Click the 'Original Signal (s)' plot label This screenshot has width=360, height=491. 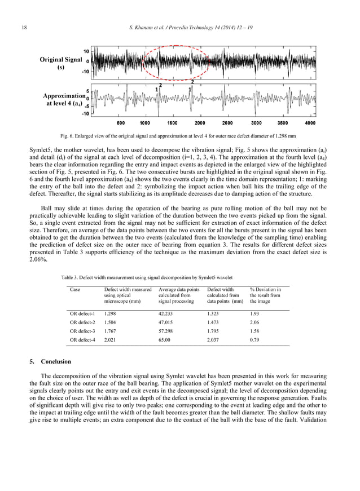coord(62,64)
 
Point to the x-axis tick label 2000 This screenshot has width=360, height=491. coord(200,123)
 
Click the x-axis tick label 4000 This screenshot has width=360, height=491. coord(310,123)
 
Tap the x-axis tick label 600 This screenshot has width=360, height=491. coord(121,123)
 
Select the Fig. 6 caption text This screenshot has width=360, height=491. coord(179,136)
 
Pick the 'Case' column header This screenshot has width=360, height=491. coord(75,290)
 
